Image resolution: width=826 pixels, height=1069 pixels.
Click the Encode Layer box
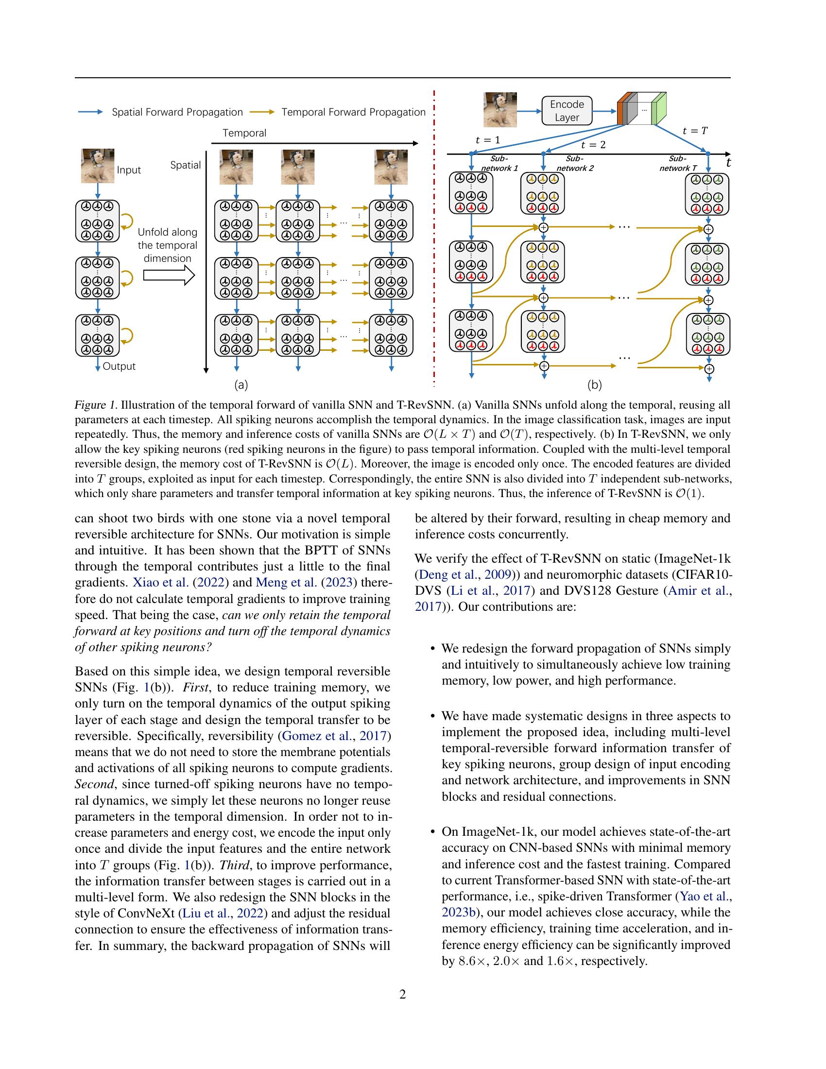pos(567,111)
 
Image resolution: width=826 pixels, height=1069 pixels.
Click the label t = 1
pos(488,140)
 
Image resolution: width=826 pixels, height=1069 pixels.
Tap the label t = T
pos(695,131)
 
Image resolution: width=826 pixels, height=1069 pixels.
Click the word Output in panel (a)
pos(119,366)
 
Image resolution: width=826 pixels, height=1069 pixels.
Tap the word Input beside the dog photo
pos(129,170)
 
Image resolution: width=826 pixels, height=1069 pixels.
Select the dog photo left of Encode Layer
pos(500,110)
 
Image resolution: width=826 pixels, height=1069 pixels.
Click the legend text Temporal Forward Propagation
pos(353,112)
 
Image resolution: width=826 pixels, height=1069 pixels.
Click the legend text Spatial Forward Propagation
pos(177,112)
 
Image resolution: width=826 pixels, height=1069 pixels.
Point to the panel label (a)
pos(241,385)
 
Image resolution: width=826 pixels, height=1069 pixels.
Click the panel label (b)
pos(594,385)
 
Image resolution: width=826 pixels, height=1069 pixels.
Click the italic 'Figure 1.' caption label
pos(96,405)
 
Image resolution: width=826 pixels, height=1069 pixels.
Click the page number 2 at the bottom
pos(403,994)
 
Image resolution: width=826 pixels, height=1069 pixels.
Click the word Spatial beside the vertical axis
pos(186,165)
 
